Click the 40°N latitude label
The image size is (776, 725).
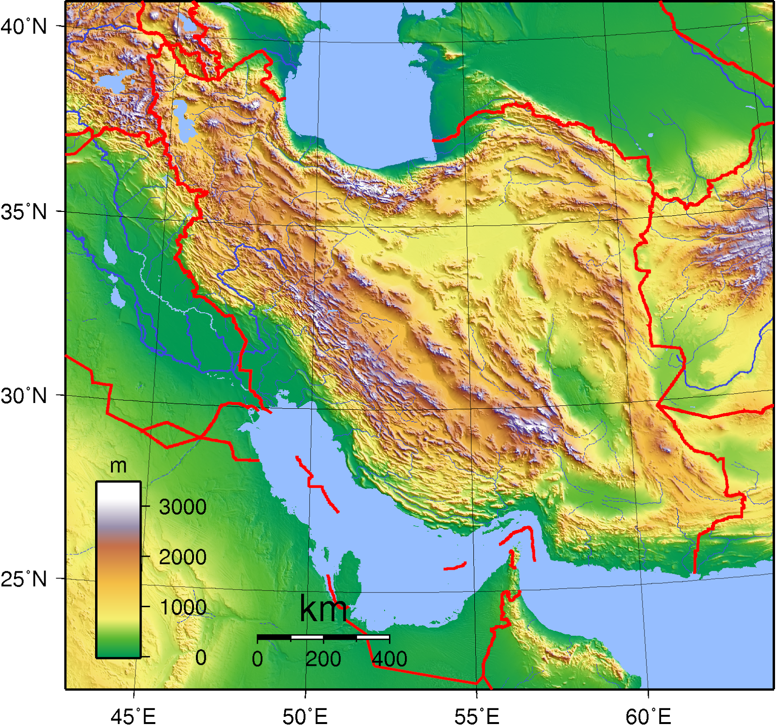coord(24,26)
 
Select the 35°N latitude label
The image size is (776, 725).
coord(24,212)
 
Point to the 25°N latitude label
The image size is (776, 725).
coord(24,579)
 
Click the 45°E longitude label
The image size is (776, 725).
coord(133,716)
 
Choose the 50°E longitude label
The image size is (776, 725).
coord(305,716)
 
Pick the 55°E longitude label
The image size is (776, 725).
coord(477,716)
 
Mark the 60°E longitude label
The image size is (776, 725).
coord(648,716)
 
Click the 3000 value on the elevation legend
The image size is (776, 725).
coord(183,507)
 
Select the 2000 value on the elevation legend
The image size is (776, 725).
coord(183,557)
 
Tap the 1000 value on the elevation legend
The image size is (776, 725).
coord(183,607)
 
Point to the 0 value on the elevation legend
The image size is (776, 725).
coord(201,658)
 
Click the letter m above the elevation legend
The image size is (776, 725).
coord(118,466)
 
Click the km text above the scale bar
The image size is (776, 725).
coord(323,609)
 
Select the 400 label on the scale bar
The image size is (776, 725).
coord(389,659)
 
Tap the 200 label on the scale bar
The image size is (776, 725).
coord(323,659)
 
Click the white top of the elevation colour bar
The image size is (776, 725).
coord(118,490)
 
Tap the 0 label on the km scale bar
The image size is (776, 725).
coord(258,659)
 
